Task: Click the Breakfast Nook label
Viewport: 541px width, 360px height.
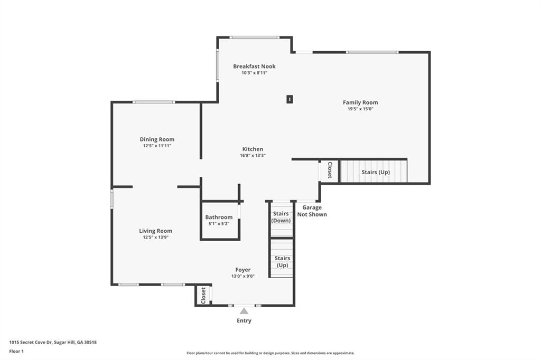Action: pos(254,66)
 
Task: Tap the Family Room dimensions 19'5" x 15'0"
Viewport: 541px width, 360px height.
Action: pos(360,109)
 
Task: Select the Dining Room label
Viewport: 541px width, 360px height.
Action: pos(157,140)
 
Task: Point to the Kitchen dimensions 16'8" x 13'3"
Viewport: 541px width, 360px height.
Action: pos(253,156)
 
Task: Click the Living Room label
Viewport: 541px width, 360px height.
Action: pos(156,231)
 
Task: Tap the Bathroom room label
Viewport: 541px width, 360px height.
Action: pos(219,217)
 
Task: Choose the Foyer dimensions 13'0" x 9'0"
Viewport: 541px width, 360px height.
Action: pos(243,276)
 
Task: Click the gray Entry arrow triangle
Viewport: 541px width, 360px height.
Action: pos(244,311)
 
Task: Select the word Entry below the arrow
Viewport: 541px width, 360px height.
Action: pos(244,321)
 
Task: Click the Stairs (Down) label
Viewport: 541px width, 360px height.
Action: pos(281,217)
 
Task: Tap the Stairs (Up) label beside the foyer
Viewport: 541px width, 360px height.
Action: pos(282,262)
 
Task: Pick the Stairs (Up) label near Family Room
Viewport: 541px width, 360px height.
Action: pos(376,172)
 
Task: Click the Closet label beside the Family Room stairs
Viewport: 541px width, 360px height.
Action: pos(330,170)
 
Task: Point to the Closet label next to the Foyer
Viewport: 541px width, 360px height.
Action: pos(203,296)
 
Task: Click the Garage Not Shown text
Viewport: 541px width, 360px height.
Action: pos(312,211)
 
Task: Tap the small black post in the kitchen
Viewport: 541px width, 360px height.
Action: pos(290,99)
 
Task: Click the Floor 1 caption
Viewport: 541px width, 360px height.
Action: pos(16,352)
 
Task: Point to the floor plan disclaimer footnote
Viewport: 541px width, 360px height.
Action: pos(270,353)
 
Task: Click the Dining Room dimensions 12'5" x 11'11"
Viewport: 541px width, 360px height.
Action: pos(157,146)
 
